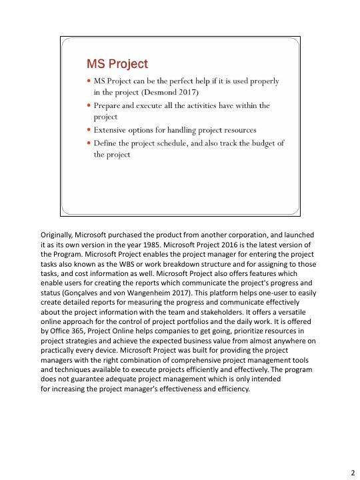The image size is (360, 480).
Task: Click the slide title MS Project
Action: (117, 64)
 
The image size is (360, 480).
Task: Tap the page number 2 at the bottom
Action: (353, 472)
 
